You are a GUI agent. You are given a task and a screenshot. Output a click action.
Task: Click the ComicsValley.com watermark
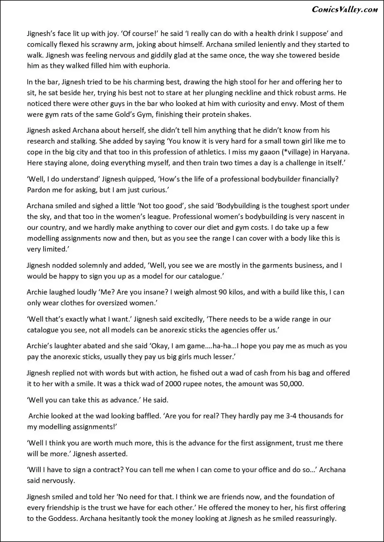point(345,10)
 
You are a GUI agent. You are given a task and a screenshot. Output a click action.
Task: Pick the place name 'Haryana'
point(335,152)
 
